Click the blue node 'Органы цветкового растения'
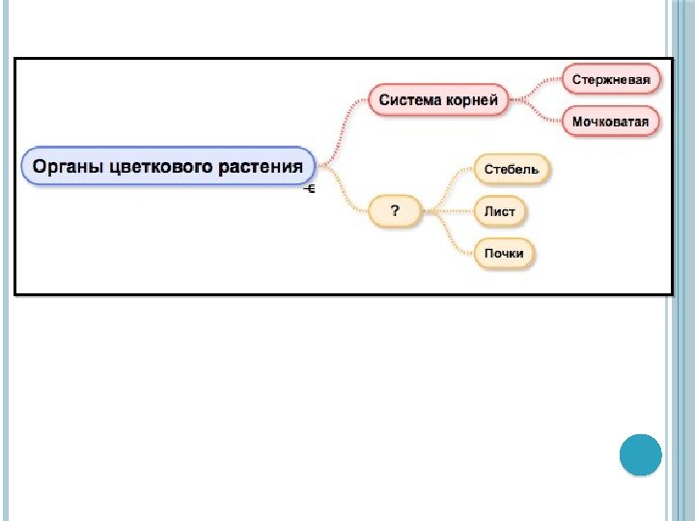169,167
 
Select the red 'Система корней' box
438,99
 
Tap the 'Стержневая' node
611,79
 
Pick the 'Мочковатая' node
611,122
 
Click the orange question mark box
396,210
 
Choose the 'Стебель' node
512,170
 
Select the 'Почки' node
504,253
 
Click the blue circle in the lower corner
639,454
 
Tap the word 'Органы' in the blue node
69,167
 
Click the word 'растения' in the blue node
259,167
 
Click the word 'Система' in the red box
409,99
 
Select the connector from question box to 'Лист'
448,210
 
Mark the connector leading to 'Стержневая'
537,87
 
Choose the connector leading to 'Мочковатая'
537,112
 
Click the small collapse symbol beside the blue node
310,189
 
